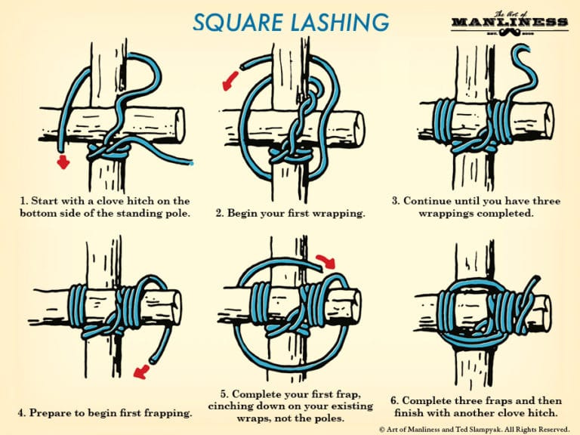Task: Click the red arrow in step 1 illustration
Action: click(x=64, y=161)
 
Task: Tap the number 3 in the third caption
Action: click(x=395, y=201)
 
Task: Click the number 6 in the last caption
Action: click(x=395, y=400)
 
